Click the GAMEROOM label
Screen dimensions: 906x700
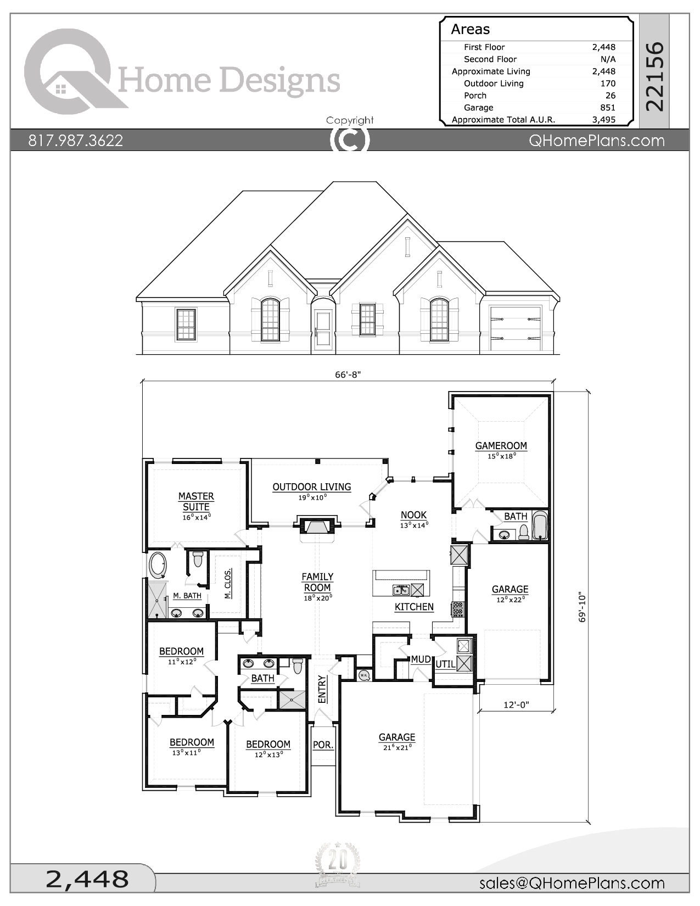[x=501, y=446]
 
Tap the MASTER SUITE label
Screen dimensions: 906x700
[x=196, y=501]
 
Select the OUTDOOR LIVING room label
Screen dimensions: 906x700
[x=311, y=487]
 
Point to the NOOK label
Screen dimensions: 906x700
[x=413, y=515]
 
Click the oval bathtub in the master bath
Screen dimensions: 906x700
[x=158, y=565]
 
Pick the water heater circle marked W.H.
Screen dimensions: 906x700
[x=364, y=675]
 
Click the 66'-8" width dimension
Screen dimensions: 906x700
[x=348, y=374]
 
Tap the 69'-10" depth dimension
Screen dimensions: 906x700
[x=583, y=607]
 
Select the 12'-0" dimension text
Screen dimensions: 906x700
[x=516, y=704]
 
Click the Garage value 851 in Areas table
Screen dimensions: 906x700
[x=607, y=108]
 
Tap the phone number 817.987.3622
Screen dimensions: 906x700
[x=75, y=141]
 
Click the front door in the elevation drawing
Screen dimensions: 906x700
[x=323, y=328]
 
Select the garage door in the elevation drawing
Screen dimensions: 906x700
[x=515, y=328]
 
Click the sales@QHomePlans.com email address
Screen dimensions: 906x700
[x=572, y=883]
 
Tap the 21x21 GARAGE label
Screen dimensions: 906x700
[x=397, y=737]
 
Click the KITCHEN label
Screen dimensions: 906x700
[x=414, y=607]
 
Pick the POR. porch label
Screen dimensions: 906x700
[x=323, y=745]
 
